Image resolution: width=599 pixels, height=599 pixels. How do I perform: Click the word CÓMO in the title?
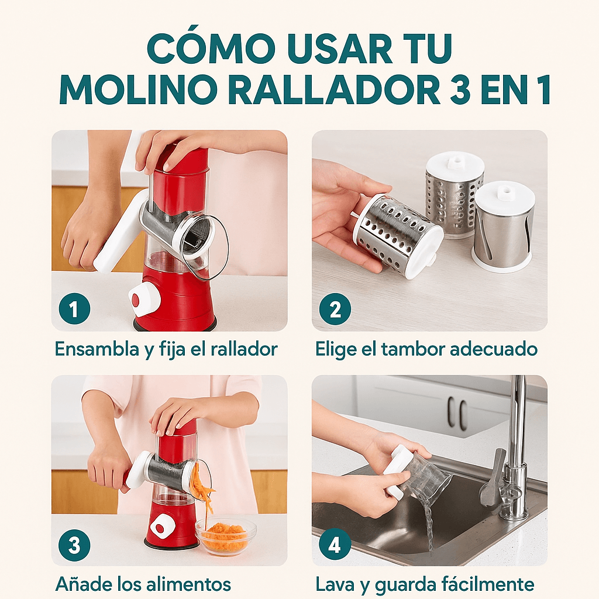coord(211,49)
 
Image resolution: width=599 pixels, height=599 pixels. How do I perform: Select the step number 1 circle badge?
coord(74,309)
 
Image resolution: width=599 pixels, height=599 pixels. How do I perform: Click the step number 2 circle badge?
coord(335,309)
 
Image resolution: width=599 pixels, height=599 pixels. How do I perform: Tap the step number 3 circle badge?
coord(74,545)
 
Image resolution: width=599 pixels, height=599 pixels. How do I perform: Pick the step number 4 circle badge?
coord(335,545)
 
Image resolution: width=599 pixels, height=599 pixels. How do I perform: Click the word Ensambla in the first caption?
coord(97,349)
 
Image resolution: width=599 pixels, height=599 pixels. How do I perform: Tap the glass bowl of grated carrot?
coord(226,536)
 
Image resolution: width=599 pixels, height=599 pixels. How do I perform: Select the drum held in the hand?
coord(398,235)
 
